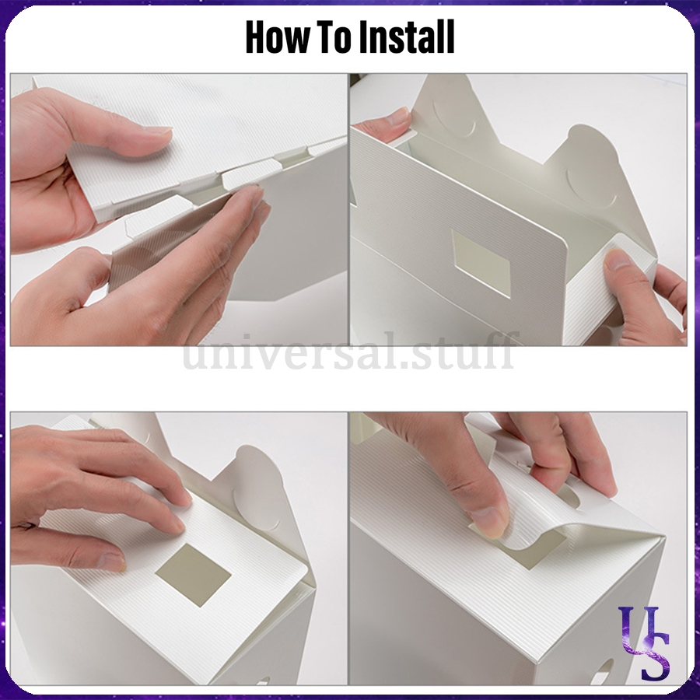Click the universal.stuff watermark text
click(x=349, y=352)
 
